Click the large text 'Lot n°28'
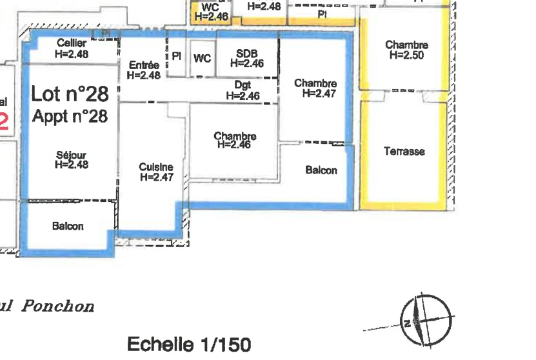click(x=70, y=94)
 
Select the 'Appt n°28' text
click(x=70, y=116)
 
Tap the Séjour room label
click(x=72, y=159)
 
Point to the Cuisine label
click(x=157, y=172)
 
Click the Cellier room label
click(x=72, y=48)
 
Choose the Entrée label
click(x=144, y=70)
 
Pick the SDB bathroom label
click(x=247, y=59)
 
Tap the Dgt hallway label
click(x=243, y=90)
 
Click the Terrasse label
click(x=404, y=151)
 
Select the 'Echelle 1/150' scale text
click(x=189, y=345)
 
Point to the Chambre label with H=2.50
click(x=406, y=50)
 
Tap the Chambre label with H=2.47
click(x=315, y=88)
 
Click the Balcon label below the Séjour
click(x=68, y=226)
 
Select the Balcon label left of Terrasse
click(x=321, y=170)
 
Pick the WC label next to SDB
click(x=202, y=59)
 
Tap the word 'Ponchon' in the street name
click(x=58, y=306)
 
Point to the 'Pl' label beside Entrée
click(x=176, y=56)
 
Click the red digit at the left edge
click(x=3, y=122)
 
